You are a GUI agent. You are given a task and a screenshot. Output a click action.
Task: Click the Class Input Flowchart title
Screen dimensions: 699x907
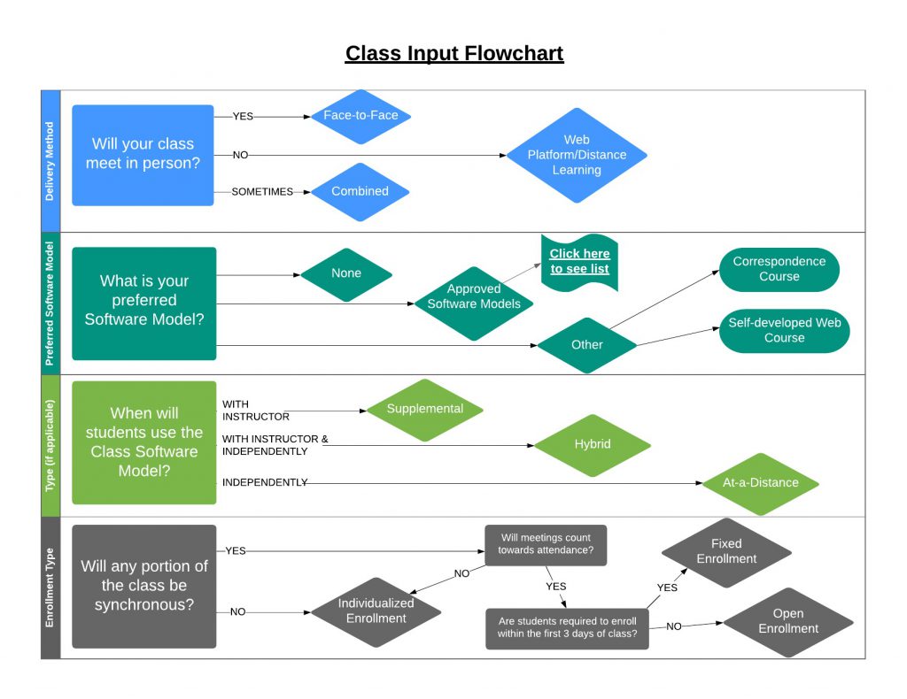tap(453, 54)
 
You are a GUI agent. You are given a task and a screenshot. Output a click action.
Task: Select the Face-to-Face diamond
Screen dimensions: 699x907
tap(360, 116)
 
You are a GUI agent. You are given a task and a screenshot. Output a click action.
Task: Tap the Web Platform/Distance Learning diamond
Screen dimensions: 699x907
tap(577, 155)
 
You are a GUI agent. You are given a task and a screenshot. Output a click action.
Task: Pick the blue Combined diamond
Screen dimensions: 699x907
tap(360, 191)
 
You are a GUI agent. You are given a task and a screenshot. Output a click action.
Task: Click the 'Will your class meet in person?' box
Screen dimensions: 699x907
tap(143, 155)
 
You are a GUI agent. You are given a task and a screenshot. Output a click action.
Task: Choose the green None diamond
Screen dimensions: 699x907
tap(346, 273)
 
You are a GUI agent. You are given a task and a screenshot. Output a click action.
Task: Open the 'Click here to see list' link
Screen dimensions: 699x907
tap(579, 261)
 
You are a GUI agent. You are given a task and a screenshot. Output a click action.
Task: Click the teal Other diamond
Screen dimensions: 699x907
tap(586, 344)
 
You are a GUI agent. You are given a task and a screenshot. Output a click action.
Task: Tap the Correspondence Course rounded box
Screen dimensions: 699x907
tap(779, 269)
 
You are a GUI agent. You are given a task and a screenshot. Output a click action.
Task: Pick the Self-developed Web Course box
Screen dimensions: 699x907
tap(784, 330)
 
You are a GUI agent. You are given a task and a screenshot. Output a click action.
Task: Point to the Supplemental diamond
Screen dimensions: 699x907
tap(425, 409)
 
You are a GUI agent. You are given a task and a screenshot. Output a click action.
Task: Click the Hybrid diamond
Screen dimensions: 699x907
tap(592, 444)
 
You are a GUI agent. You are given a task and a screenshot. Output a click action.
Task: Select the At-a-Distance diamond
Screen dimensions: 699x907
tap(760, 483)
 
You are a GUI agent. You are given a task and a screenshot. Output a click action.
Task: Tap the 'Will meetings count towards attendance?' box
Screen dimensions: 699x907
tap(545, 544)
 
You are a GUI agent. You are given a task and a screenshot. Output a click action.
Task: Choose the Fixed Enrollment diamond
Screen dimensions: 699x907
tap(725, 551)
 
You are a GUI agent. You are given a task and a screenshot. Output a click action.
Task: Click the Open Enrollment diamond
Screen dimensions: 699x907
tap(787, 621)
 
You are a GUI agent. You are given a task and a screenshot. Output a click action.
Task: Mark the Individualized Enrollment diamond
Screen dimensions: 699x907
tap(376, 611)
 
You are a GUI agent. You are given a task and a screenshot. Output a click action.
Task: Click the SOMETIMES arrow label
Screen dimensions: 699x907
tap(262, 192)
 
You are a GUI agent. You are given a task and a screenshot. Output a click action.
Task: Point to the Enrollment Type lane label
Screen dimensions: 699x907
tap(50, 588)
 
